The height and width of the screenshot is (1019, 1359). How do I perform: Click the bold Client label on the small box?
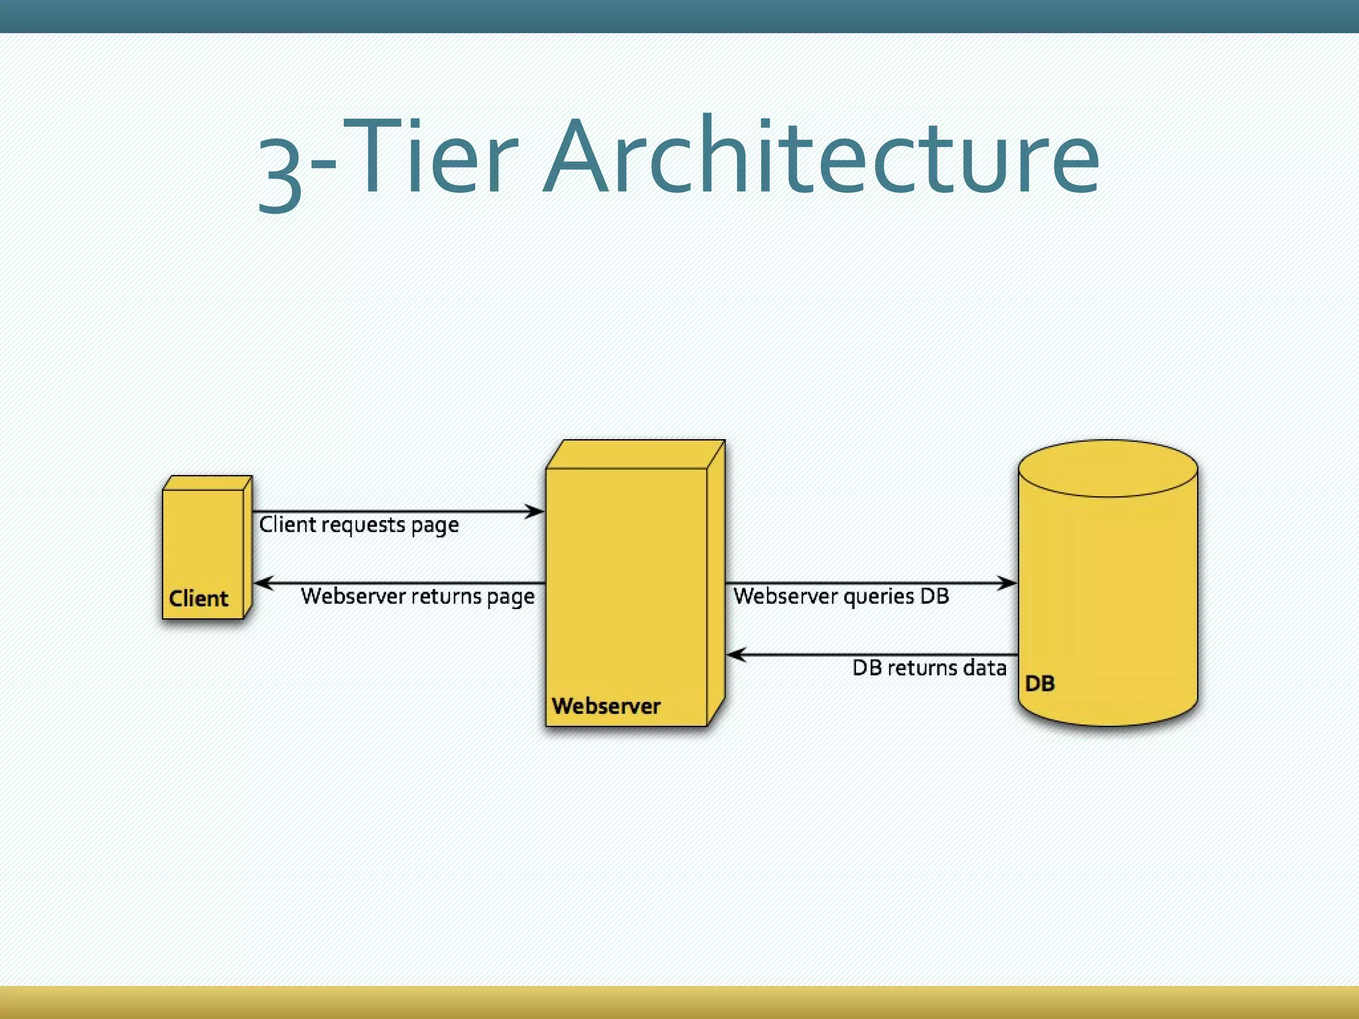click(198, 598)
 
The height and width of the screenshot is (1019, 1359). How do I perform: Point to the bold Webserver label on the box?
click(606, 706)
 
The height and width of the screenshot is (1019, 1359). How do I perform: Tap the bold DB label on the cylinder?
click(1039, 683)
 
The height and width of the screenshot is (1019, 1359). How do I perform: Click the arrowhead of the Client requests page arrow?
click(535, 511)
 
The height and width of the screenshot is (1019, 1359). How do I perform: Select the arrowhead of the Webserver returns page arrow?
click(263, 583)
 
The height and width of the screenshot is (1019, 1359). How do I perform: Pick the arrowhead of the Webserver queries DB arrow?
click(1008, 583)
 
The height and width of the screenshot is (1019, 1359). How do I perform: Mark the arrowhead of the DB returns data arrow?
click(736, 655)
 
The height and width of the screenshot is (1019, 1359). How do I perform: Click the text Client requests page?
click(359, 525)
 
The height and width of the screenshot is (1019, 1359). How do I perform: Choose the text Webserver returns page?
click(417, 596)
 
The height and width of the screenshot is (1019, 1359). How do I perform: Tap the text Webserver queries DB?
click(841, 596)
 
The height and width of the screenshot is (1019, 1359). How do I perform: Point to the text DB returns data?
click(929, 667)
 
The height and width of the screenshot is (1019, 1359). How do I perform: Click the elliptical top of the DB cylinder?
click(1108, 468)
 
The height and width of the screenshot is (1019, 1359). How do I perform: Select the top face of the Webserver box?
click(636, 454)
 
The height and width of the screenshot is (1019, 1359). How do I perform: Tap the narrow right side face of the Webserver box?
click(716, 584)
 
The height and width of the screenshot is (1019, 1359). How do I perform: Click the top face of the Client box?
click(208, 483)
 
